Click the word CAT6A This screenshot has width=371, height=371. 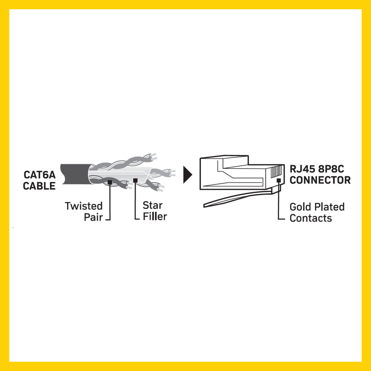pos(39,175)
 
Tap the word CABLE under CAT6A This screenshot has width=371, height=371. pos(39,186)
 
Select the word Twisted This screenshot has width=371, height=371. pos(84,206)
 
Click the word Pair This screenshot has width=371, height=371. pos(93,217)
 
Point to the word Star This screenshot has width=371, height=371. pos(153,205)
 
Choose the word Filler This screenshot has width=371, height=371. pos(155,217)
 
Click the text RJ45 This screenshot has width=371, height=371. pos(303,169)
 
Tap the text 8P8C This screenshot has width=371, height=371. pos(331,169)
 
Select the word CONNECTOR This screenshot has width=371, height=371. pos(320,180)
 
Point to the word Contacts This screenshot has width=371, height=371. pos(310,218)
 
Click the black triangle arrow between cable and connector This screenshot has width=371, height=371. pos(187,175)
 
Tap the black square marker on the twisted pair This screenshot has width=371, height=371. pos(110,182)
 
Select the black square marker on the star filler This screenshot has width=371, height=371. pos(135,180)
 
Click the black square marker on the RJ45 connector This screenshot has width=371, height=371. pos(279,180)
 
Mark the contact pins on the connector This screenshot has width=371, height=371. pos(276,172)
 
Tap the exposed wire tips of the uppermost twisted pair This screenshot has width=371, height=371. pos(153,157)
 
